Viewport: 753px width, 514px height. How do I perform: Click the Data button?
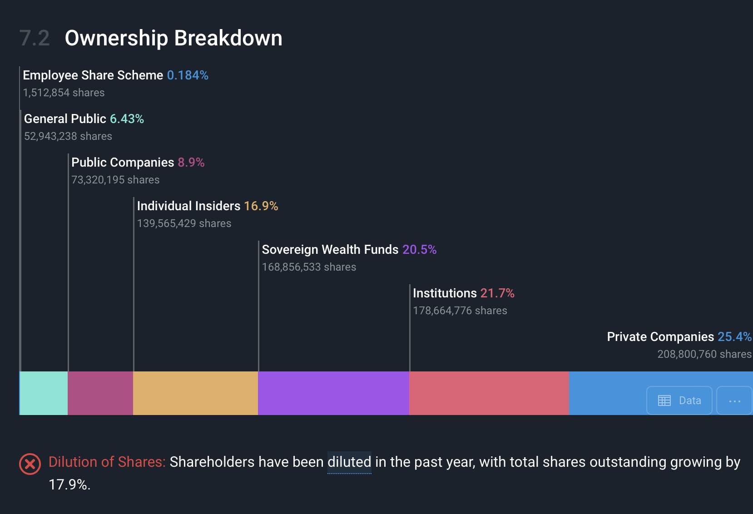[x=679, y=400]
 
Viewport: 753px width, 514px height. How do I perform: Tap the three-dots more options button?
[x=734, y=400]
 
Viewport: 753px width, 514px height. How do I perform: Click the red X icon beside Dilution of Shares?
[x=30, y=464]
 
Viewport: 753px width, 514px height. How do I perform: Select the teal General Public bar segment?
[x=44, y=393]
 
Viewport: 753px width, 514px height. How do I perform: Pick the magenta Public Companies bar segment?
[x=100, y=393]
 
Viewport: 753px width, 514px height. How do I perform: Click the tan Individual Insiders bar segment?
[x=196, y=393]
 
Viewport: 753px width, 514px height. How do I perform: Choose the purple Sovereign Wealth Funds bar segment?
[x=333, y=393]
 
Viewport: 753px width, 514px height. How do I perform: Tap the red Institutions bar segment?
[x=489, y=393]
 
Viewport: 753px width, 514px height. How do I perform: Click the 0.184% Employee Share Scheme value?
[x=188, y=75]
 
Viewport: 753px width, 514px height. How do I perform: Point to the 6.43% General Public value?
[x=127, y=119]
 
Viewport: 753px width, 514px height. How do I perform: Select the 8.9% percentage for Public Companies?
[x=191, y=163]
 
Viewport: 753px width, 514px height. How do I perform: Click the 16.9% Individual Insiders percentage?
[x=261, y=206]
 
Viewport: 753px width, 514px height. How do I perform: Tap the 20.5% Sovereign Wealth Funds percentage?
[x=420, y=249]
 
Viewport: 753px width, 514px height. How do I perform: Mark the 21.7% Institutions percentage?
[x=497, y=293]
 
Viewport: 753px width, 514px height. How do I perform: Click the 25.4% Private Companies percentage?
[x=734, y=336]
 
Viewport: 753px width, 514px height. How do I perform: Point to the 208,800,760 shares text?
[x=704, y=354]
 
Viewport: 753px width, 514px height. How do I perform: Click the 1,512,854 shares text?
[x=64, y=93]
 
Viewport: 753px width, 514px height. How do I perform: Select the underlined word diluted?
[x=349, y=462]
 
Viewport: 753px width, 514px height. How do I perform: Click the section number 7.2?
[x=35, y=38]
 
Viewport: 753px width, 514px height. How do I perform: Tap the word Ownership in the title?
[x=116, y=39]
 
